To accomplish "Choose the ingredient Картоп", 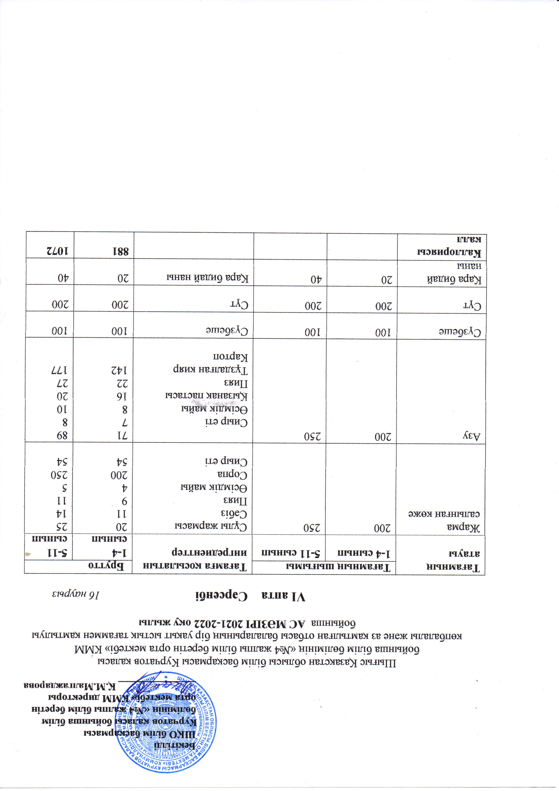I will tap(233, 356).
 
